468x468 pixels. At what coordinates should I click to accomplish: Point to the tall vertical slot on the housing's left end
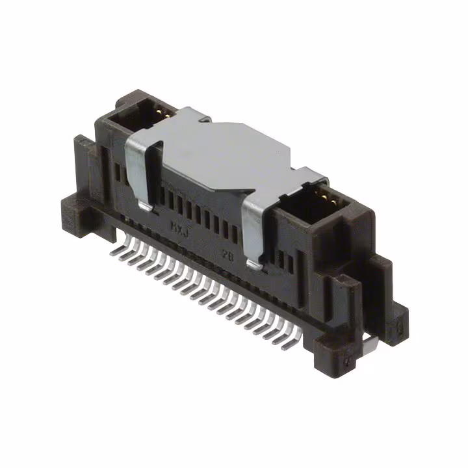click(118, 172)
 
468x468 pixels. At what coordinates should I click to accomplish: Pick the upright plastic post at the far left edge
click(81, 156)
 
